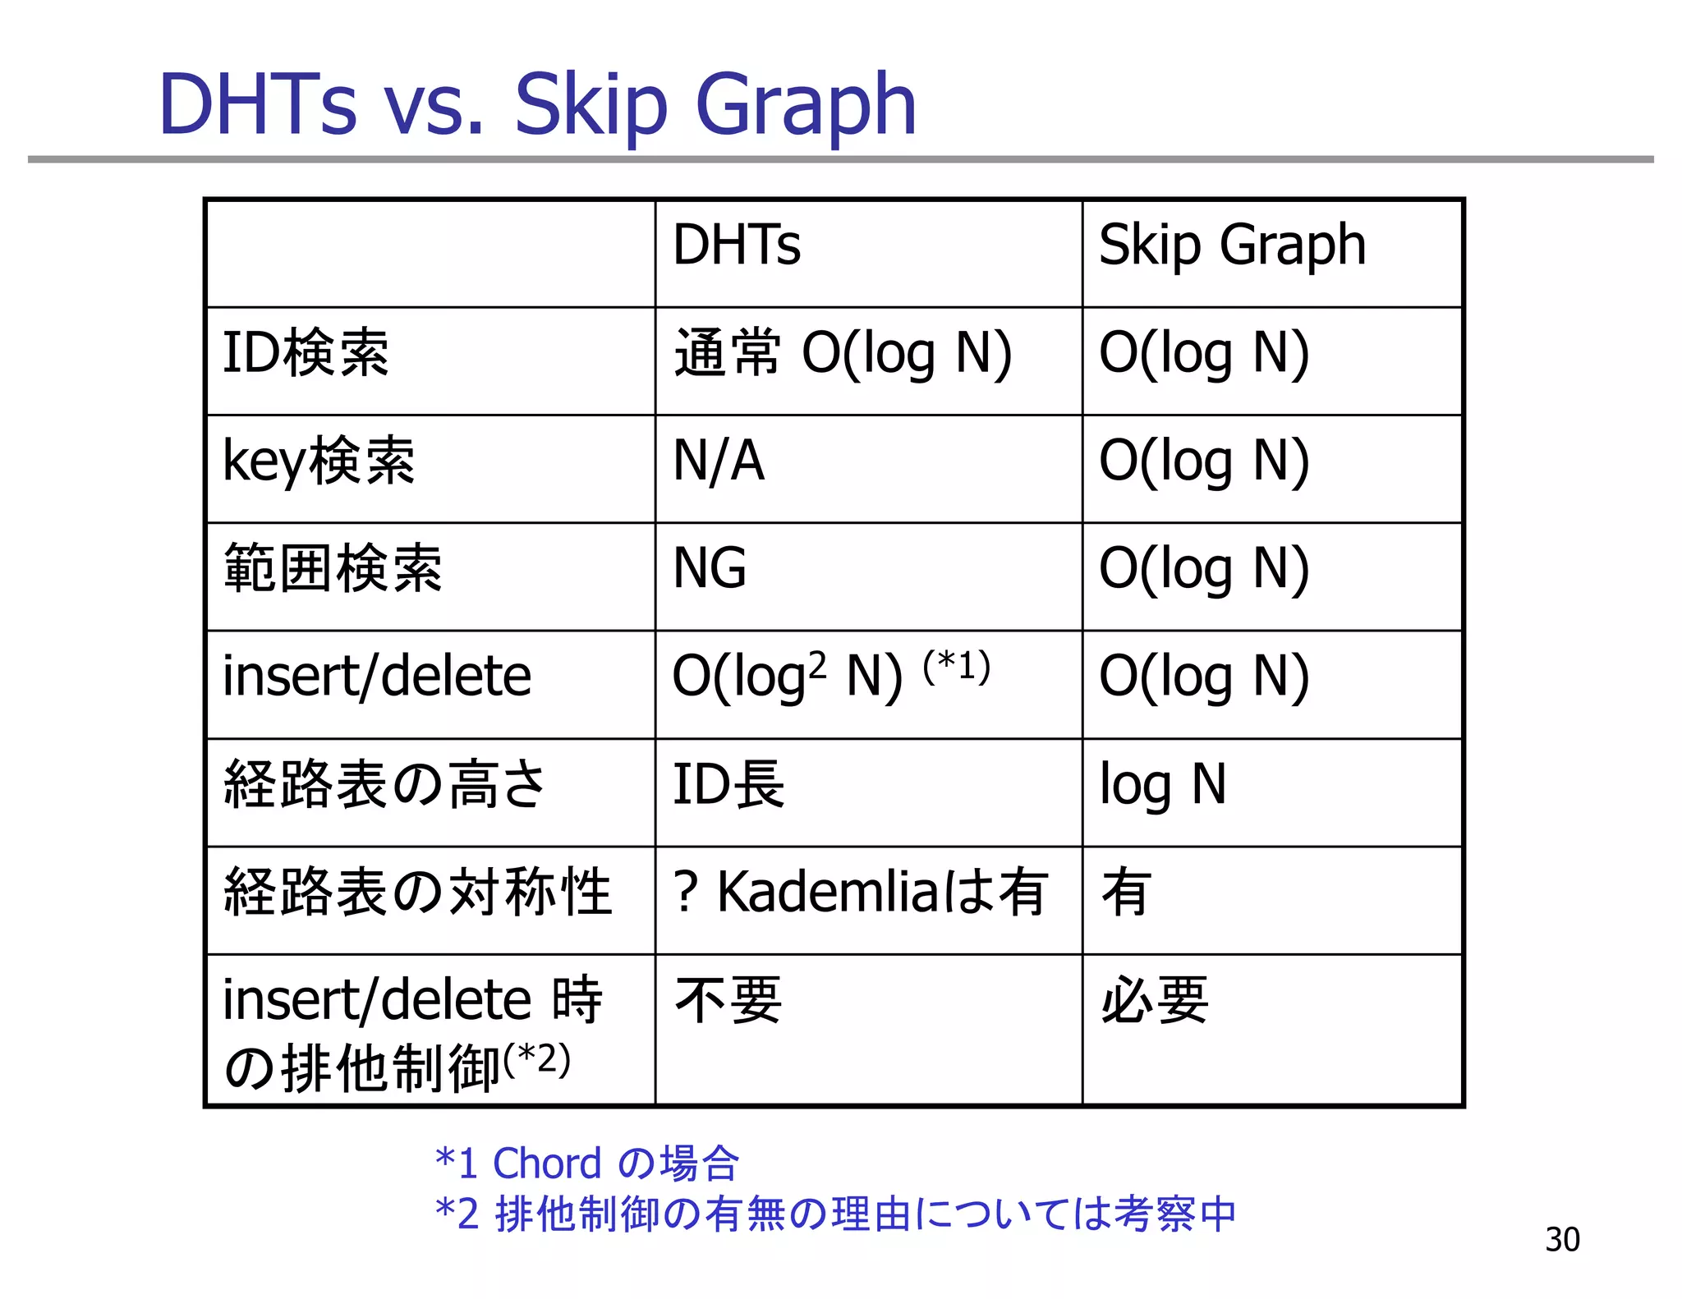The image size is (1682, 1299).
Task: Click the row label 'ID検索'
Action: (306, 353)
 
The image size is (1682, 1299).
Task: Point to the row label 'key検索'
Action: (319, 461)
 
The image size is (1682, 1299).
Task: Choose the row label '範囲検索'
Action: (333, 568)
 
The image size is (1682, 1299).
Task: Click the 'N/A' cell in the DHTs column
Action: (719, 461)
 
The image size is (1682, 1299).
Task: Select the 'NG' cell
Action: (710, 568)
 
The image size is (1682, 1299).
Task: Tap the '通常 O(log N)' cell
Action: (843, 353)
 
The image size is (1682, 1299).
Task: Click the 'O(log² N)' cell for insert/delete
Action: (787, 677)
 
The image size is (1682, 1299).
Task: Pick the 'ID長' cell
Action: (728, 784)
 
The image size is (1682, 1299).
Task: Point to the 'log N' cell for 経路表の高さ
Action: (1163, 784)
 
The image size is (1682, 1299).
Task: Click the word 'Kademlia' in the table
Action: (828, 893)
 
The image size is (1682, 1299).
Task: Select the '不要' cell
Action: (728, 1000)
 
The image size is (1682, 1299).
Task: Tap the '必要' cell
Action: (1154, 1000)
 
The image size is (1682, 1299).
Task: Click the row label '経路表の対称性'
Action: (417, 893)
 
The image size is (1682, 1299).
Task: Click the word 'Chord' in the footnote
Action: (547, 1163)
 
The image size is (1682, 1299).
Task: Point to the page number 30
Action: (1562, 1239)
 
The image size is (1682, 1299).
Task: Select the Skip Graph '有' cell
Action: (1126, 893)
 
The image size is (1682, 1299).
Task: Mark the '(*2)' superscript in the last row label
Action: (538, 1059)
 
